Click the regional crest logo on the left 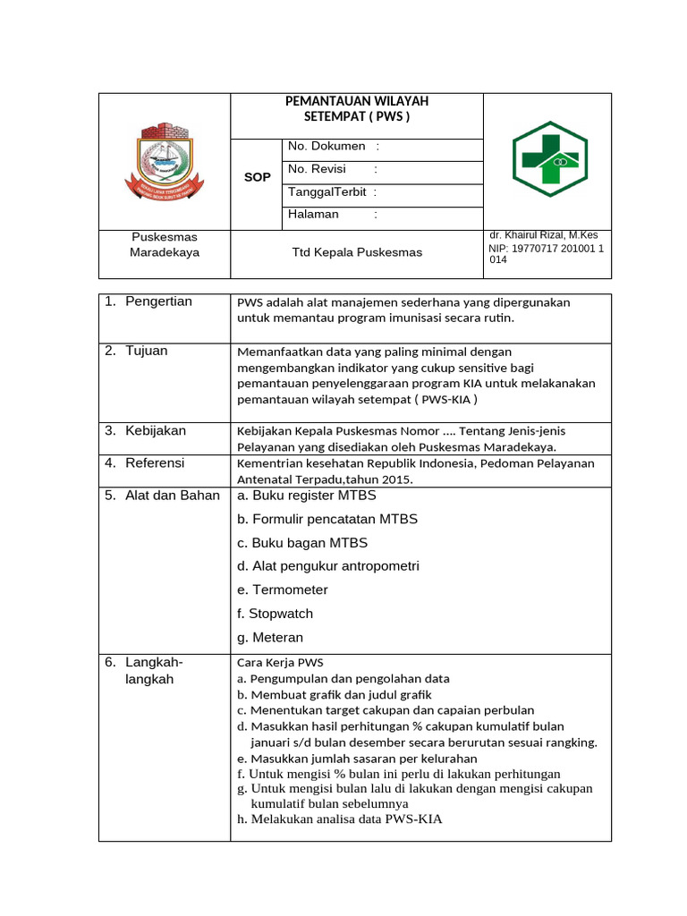pos(164,160)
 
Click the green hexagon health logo pos(549,159)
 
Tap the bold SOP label pos(257,177)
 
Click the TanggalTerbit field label pos(327,191)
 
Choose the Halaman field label pos(313,214)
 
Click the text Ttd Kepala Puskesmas pos(357,252)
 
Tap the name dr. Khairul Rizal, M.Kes pos(543,234)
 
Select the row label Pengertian pos(158,301)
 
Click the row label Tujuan pos(146,351)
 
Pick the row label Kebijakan pos(156,430)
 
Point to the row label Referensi pos(155,462)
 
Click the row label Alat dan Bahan pos(172,496)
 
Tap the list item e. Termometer pos(282,589)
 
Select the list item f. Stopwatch pos(275,614)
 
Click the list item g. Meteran pos(270,638)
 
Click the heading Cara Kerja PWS pos(279,663)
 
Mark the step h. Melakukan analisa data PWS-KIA pos(339,818)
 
